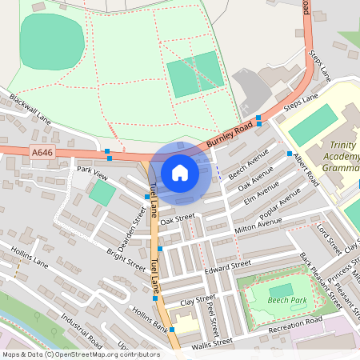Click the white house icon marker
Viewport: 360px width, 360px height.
(x=180, y=172)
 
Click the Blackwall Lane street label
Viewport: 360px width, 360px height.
(x=30, y=110)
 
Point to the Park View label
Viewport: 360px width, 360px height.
(x=91, y=170)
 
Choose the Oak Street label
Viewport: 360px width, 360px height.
(x=177, y=218)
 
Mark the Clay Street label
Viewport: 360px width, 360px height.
(x=198, y=301)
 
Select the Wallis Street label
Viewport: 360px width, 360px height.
(x=212, y=342)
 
